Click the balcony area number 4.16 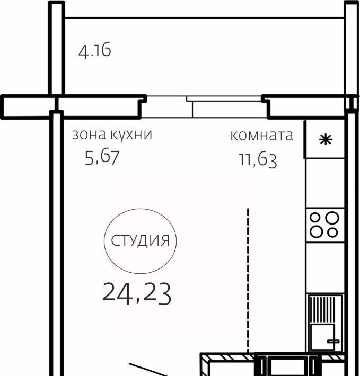click(x=95, y=50)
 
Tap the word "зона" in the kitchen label click(x=89, y=135)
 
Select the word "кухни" click(x=131, y=135)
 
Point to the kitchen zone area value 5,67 click(x=102, y=157)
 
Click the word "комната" click(x=261, y=136)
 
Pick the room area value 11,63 click(x=258, y=160)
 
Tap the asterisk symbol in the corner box click(x=326, y=140)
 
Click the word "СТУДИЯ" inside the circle click(x=141, y=240)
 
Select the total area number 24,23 click(x=137, y=293)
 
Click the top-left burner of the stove click(x=315, y=218)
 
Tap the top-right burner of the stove click(x=332, y=218)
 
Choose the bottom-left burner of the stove click(x=317, y=231)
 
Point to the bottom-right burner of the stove click(x=332, y=232)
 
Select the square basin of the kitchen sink click(x=322, y=336)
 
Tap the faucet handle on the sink click(x=333, y=341)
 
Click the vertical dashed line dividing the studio click(x=248, y=281)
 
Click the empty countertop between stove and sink click(x=326, y=268)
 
